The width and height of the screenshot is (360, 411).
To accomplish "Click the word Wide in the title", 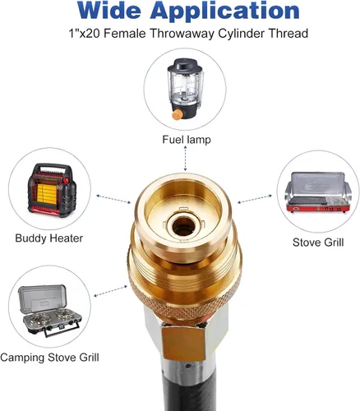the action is click(x=108, y=11).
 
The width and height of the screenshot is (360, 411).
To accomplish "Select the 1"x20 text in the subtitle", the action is click(x=84, y=34).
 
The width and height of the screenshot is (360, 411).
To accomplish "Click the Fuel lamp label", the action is click(x=187, y=140).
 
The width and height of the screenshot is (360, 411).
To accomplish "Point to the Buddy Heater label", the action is click(x=48, y=238).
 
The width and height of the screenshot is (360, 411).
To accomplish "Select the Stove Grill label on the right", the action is click(x=318, y=242).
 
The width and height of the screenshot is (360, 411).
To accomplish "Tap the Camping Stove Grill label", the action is click(x=49, y=358).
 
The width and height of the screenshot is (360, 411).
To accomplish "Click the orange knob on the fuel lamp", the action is click(x=177, y=114).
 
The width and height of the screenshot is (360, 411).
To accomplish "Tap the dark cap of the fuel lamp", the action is click(x=185, y=65).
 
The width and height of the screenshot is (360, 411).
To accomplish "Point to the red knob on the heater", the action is click(x=66, y=181).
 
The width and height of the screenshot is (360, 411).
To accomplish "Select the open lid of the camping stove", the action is click(x=43, y=298).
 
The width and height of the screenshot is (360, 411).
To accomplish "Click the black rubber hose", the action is click(x=189, y=392).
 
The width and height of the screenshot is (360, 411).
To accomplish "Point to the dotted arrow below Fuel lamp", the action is click(x=185, y=159).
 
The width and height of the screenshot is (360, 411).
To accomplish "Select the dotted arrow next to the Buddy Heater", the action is click(x=113, y=199).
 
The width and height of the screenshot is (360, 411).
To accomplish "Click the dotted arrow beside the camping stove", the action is click(x=110, y=291).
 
